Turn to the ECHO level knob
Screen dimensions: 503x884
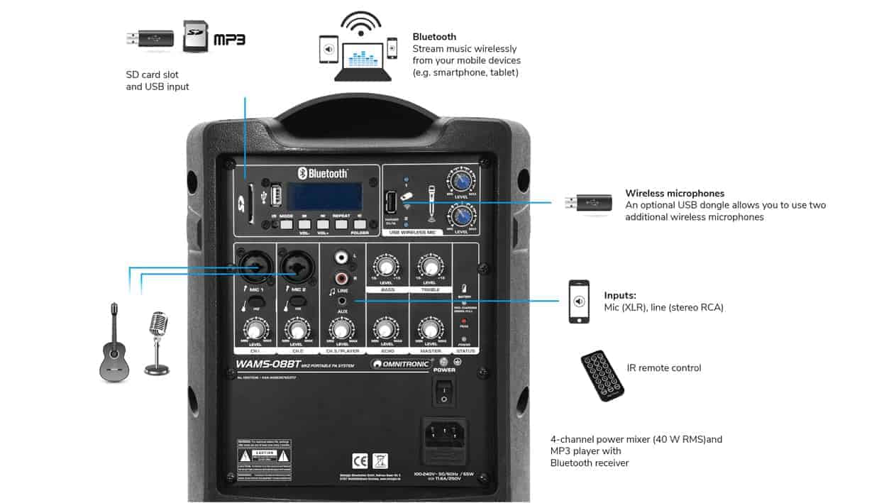click(x=385, y=328)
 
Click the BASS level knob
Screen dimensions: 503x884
click(x=386, y=267)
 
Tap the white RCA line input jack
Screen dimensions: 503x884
click(x=342, y=259)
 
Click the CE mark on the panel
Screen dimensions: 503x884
click(x=360, y=460)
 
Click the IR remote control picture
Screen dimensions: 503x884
click(x=602, y=375)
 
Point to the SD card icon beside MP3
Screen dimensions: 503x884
click(x=196, y=36)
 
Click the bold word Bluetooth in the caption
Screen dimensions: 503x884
click(x=434, y=37)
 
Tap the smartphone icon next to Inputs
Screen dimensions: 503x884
click(x=579, y=302)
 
